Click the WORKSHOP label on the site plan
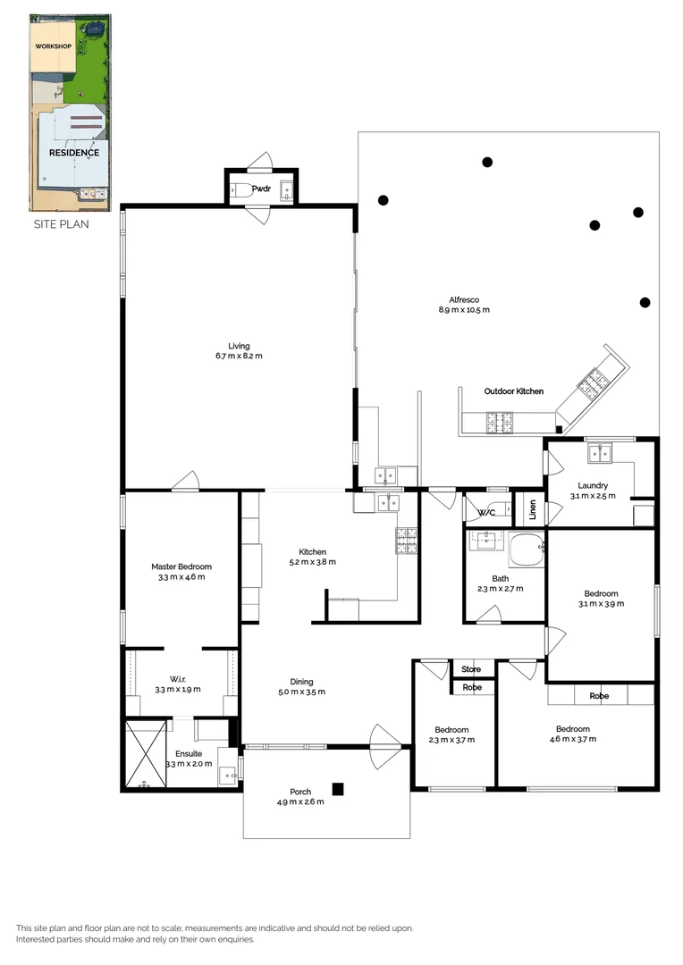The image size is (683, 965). click(x=53, y=46)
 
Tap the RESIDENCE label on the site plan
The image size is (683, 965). click(x=73, y=152)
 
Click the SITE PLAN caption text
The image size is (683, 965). click(x=61, y=224)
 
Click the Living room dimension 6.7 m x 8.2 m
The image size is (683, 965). click(x=239, y=357)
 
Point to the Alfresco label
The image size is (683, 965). click(x=464, y=299)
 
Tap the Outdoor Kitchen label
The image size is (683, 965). click(x=513, y=391)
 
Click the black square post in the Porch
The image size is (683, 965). click(x=338, y=789)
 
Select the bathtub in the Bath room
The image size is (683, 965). click(x=526, y=550)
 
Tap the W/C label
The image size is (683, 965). click(x=486, y=513)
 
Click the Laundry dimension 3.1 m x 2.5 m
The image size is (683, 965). click(x=593, y=496)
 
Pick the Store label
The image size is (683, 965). click(x=471, y=669)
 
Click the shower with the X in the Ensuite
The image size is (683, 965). click(x=146, y=753)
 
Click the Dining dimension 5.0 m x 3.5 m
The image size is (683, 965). click(x=301, y=692)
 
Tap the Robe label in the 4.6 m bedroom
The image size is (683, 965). click(x=598, y=696)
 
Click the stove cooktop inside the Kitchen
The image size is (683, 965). click(x=407, y=540)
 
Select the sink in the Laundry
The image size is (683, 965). click(x=598, y=453)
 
